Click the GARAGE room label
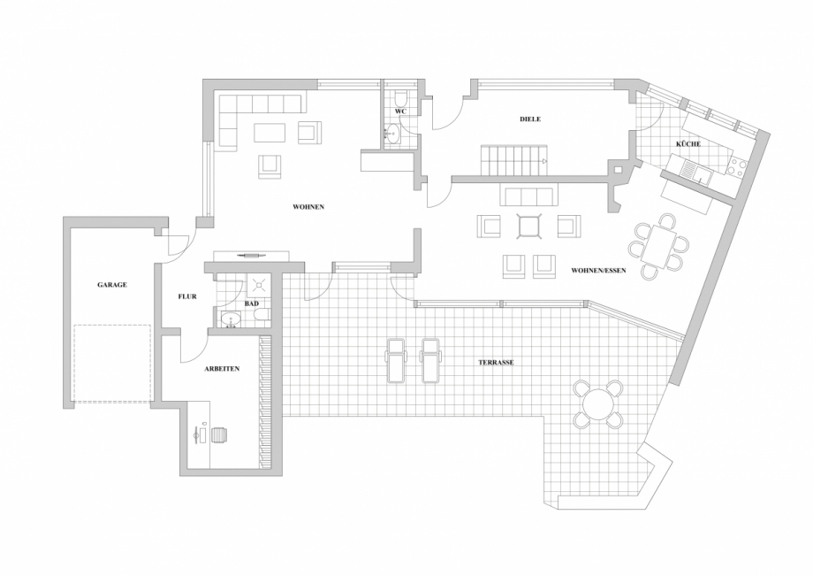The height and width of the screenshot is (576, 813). (x=111, y=285)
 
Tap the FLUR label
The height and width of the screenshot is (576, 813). (x=186, y=296)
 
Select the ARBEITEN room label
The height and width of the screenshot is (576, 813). (x=221, y=368)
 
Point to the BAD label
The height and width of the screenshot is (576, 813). (x=252, y=303)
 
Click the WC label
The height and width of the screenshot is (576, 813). (x=400, y=111)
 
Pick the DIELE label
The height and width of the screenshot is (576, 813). (x=529, y=119)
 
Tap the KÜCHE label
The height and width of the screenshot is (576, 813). (x=688, y=143)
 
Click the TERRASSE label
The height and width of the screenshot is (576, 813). (x=497, y=362)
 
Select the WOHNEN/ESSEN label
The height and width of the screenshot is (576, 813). (x=598, y=270)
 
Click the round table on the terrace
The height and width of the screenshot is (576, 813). (x=597, y=403)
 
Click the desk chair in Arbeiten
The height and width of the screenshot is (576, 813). (x=219, y=434)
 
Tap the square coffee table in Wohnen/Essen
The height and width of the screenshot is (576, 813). (x=529, y=227)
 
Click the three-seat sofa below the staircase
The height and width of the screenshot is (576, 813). (x=528, y=196)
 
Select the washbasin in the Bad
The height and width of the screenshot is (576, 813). (x=231, y=319)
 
